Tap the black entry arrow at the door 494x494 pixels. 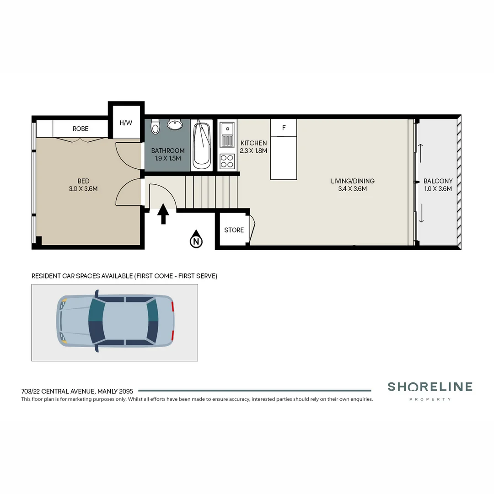163,215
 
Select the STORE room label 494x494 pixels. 234,230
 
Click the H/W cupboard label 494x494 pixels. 126,123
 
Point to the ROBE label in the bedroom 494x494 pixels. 81,129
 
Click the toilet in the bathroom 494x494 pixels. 156,127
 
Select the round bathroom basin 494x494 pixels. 174,124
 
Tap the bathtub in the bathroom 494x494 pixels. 201,145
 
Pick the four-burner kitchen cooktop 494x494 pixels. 227,161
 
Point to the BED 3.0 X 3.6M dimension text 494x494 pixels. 83,188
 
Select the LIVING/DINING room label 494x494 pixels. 353,181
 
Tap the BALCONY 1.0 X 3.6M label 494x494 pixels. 438,185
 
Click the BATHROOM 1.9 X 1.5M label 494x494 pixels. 168,154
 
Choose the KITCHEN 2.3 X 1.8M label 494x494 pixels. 253,147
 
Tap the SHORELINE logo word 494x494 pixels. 430,387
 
